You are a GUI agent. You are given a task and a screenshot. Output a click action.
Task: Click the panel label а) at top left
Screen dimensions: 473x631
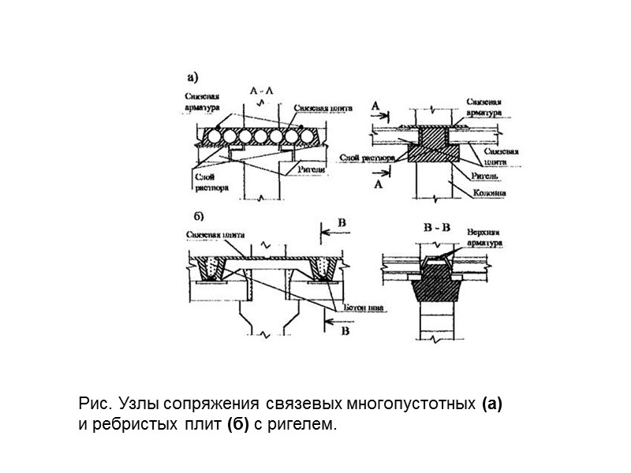point(192,77)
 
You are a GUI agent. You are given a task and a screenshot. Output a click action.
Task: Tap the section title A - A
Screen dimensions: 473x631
point(260,91)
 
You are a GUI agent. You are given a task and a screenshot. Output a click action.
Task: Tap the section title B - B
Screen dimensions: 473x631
point(435,228)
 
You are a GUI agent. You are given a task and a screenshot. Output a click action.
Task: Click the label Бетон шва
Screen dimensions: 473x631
point(364,310)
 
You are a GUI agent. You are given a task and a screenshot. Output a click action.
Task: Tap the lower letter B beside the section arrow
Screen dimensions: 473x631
point(343,332)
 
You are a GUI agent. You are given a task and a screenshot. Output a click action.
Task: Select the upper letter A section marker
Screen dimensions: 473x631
point(375,104)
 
